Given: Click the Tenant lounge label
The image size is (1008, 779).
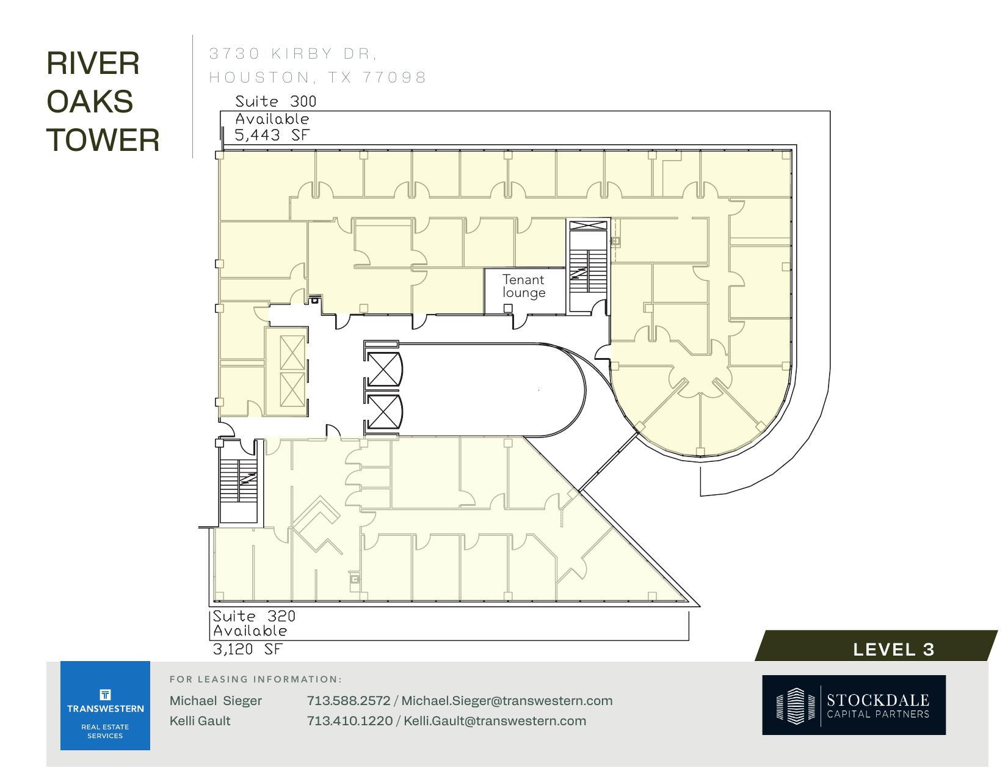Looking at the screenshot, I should coord(523,286).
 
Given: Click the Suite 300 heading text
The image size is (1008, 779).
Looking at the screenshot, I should coord(275,101).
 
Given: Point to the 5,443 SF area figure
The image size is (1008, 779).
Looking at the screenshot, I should coord(272,135).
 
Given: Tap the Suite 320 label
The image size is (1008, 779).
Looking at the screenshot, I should coord(253,616).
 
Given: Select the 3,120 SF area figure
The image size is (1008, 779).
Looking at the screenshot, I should coord(248,649).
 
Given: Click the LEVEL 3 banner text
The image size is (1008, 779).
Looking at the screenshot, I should coord(893,649).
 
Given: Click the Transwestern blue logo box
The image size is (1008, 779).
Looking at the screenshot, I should coord(105,705).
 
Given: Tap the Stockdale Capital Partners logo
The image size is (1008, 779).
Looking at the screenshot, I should coord(853,704).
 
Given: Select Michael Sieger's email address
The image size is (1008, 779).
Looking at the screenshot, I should coord(506,701).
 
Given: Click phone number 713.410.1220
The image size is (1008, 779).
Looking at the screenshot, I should coord(349,721).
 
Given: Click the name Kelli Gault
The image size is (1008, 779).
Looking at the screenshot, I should coord(200,721).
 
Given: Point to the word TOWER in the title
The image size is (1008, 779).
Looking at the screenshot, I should coord(103,140).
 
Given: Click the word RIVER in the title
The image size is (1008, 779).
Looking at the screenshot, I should coord(93,64).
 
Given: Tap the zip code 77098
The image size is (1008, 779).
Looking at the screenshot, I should coord(394,78).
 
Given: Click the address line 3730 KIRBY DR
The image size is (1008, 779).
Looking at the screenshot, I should coord(293,54).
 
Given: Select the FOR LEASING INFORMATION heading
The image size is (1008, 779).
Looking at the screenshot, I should coord(255,679).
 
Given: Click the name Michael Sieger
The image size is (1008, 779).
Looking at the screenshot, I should coord(216,701).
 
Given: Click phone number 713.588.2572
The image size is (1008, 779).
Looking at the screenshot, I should coord(348,701).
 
